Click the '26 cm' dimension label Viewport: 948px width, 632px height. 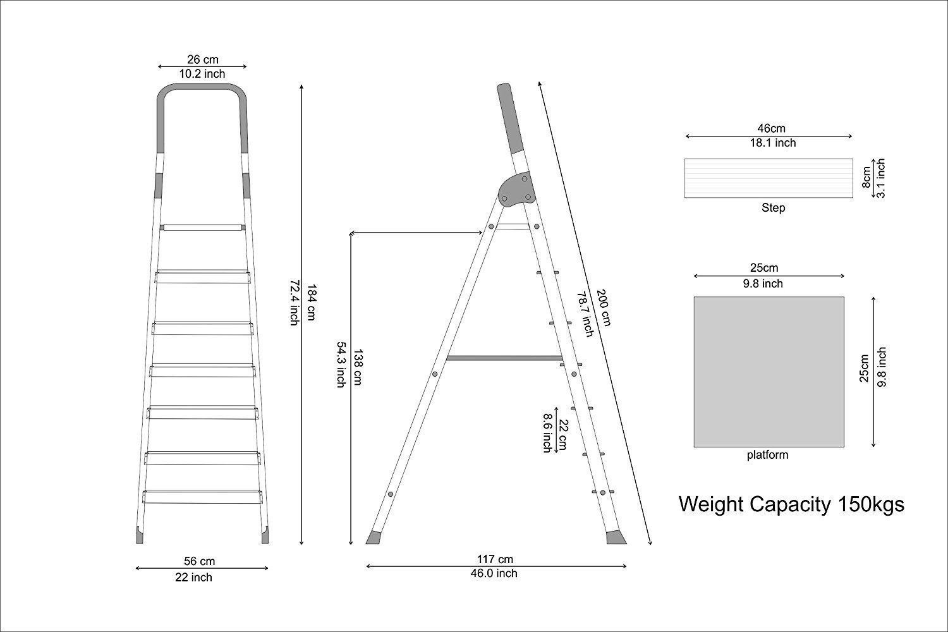pyautogui.click(x=202, y=59)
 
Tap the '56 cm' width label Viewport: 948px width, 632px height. pyautogui.click(x=199, y=561)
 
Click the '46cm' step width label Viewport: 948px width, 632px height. pyautogui.click(x=768, y=129)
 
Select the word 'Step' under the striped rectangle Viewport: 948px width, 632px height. pyautogui.click(x=773, y=208)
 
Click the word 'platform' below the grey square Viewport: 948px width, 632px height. pyautogui.click(x=767, y=455)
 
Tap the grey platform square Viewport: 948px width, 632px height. pyautogui.click(x=769, y=371)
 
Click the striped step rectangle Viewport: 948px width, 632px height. pyautogui.click(x=769, y=178)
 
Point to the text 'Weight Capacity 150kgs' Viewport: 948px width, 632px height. pyautogui.click(x=791, y=504)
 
